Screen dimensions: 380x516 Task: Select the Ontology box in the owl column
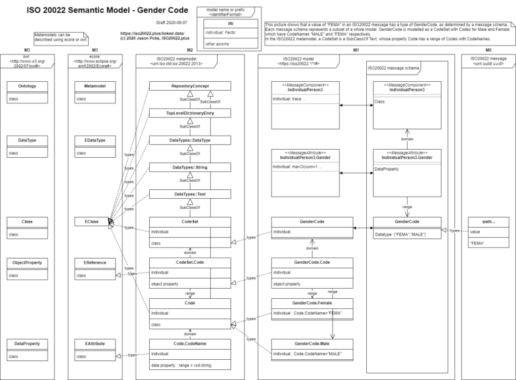tap(28, 86)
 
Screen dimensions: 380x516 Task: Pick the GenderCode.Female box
tap(312, 303)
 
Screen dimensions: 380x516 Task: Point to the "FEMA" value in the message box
tap(479, 244)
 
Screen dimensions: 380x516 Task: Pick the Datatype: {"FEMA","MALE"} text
tap(400, 234)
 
